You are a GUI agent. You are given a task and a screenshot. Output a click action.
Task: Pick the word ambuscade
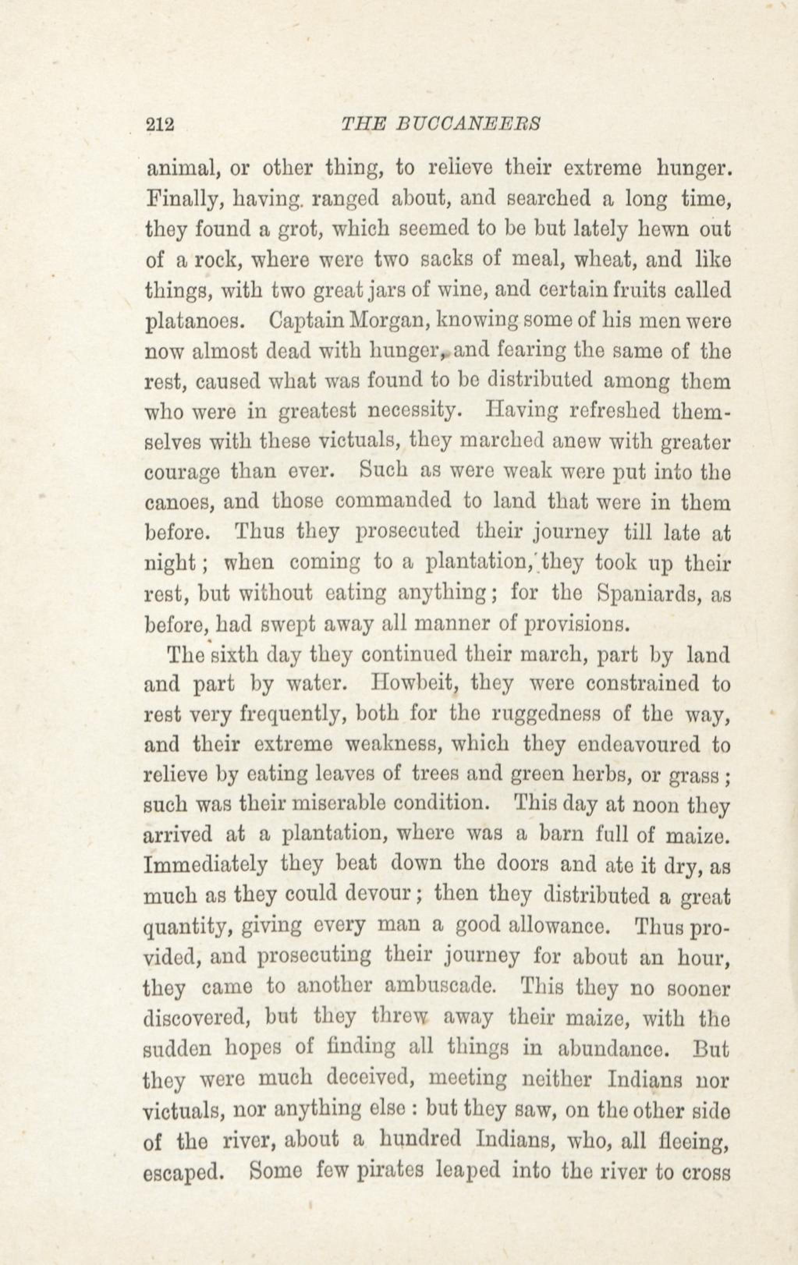click(440, 986)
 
